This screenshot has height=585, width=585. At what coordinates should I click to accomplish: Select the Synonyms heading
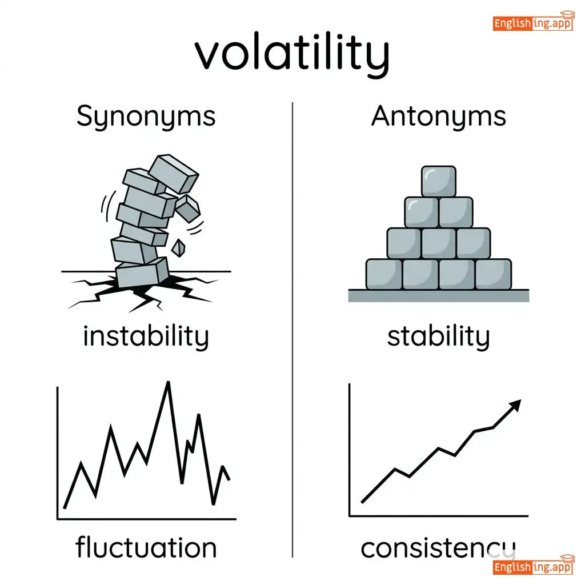pyautogui.click(x=146, y=117)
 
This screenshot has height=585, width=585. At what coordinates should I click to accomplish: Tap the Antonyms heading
pyautogui.click(x=438, y=117)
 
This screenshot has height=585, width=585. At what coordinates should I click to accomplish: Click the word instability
pyautogui.click(x=146, y=337)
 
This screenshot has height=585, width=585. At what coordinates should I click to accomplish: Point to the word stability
pyautogui.click(x=438, y=337)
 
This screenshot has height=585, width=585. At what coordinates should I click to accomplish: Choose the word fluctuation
pyautogui.click(x=146, y=548)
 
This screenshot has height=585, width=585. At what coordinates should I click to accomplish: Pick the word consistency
pyautogui.click(x=438, y=549)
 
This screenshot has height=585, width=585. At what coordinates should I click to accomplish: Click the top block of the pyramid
pyautogui.click(x=438, y=181)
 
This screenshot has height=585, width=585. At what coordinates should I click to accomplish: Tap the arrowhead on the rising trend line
pyautogui.click(x=515, y=405)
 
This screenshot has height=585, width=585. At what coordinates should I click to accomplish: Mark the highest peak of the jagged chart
pyautogui.click(x=169, y=382)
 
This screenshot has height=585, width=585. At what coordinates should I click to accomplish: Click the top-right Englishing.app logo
pyautogui.click(x=533, y=22)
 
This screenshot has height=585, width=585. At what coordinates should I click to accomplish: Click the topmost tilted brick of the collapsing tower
pyautogui.click(x=174, y=174)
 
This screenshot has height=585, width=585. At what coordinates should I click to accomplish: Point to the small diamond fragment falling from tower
pyautogui.click(x=178, y=248)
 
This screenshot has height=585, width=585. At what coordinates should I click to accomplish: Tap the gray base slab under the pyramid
pyautogui.click(x=438, y=295)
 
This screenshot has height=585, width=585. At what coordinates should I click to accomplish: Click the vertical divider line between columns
pyautogui.click(x=292, y=330)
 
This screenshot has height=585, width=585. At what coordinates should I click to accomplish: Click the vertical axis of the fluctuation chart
pyautogui.click(x=58, y=453)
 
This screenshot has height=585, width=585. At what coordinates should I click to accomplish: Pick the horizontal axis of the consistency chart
pyautogui.click(x=439, y=516)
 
